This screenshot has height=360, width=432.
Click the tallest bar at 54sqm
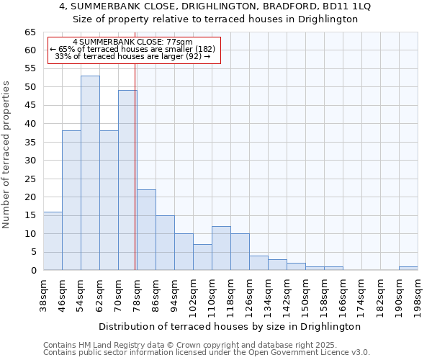point(90,173)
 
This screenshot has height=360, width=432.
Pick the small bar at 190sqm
point(408,268)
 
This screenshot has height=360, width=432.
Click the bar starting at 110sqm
point(221,248)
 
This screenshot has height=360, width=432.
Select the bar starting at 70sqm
point(127,180)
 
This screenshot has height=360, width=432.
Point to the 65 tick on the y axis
point(30,32)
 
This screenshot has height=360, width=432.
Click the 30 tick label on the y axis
point(30,161)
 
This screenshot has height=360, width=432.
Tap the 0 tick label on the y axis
point(33,271)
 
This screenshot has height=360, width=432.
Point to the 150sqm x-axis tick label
point(306,295)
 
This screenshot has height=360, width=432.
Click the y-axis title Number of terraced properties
point(7,155)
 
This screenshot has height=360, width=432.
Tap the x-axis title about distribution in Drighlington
point(239,326)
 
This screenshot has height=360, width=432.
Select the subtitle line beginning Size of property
point(215,19)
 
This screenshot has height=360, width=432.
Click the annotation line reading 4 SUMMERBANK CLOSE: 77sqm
point(133,42)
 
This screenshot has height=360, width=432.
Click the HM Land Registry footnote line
point(190,345)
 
